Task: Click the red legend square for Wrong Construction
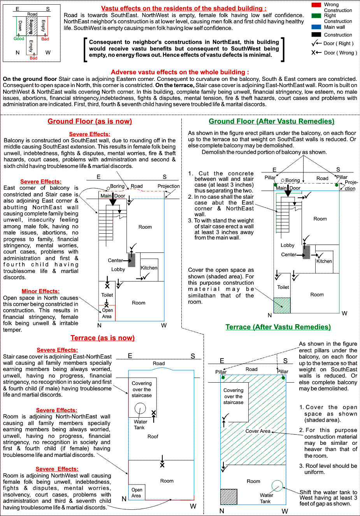click(x=316, y=5)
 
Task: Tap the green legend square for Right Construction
click(x=316, y=16)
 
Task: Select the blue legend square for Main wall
click(x=316, y=27)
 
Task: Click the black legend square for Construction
click(x=316, y=35)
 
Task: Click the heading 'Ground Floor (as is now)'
click(x=90, y=121)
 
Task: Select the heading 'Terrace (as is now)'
click(x=102, y=338)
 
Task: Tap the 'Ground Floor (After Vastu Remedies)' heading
click(x=271, y=121)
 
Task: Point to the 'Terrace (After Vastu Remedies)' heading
click(x=278, y=327)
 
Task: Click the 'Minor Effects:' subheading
click(x=40, y=291)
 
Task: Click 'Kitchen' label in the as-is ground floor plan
click(x=149, y=268)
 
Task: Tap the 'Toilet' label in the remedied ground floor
click(x=283, y=287)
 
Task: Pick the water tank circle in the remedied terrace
click(x=277, y=486)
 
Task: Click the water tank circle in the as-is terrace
click(x=140, y=408)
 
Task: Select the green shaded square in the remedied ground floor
click(x=282, y=305)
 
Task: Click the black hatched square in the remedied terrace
click(x=228, y=497)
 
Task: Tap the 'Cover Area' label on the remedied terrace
click(x=258, y=431)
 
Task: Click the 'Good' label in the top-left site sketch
click(x=19, y=38)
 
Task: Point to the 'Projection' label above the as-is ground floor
click(x=169, y=186)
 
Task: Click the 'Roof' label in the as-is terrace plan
click(x=153, y=437)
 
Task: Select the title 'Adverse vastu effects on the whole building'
click(x=180, y=72)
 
